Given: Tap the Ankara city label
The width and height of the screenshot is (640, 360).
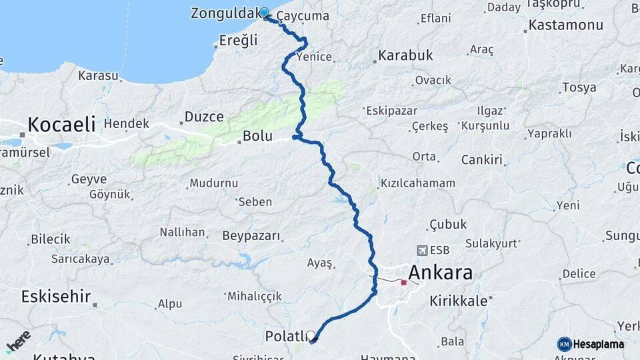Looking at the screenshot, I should click(x=440, y=273).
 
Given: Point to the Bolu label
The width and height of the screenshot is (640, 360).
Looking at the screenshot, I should click(x=257, y=136).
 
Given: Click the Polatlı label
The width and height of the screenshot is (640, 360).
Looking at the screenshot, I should click(x=286, y=335).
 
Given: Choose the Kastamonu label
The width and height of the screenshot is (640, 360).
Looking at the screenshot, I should click(x=565, y=25).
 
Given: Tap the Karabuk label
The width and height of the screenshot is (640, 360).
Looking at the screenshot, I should click(x=405, y=55).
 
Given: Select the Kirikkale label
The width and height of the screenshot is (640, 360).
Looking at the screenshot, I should click(x=459, y=301).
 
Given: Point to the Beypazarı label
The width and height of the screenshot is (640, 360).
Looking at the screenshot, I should click(x=252, y=236).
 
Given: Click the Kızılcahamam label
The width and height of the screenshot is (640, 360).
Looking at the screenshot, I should click(x=417, y=183).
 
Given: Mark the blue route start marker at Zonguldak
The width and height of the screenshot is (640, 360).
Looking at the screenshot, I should click(x=264, y=13).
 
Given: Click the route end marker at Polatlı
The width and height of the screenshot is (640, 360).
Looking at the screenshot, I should click(x=311, y=337).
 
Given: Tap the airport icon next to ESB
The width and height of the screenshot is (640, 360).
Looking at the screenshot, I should click(x=421, y=251).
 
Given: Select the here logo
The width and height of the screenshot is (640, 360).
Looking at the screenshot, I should click(x=19, y=341).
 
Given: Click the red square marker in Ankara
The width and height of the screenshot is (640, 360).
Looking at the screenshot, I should click(x=403, y=283).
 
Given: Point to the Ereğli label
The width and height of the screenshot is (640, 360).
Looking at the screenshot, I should click(x=238, y=41).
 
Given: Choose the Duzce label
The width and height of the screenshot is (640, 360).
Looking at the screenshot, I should click(x=204, y=117).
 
